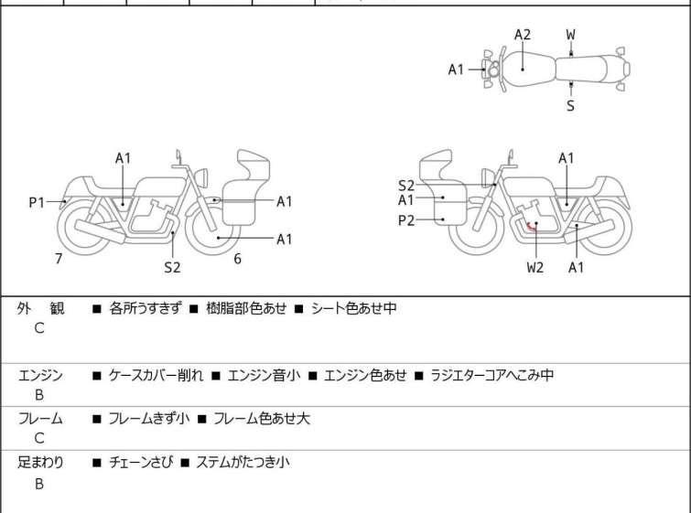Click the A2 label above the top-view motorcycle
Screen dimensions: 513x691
coord(522,35)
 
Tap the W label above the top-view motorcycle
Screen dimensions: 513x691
coord(570,35)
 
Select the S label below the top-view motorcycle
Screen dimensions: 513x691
coord(570,106)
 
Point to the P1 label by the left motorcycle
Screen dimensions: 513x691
coord(37,202)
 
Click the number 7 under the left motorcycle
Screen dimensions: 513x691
coord(59,259)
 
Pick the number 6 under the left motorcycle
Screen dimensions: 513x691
coord(237,259)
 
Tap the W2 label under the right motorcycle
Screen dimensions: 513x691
coord(534,267)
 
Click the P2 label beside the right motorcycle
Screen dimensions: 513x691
coord(406,219)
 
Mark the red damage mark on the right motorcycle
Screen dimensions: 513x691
coord(530,227)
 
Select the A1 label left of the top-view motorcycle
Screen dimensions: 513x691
coord(457,69)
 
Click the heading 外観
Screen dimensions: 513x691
coord(41,309)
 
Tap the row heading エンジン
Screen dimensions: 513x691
coord(40,375)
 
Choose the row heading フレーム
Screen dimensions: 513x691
coord(40,419)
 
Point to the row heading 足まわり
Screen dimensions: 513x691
coord(40,463)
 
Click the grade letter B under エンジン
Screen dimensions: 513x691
coord(39,395)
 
